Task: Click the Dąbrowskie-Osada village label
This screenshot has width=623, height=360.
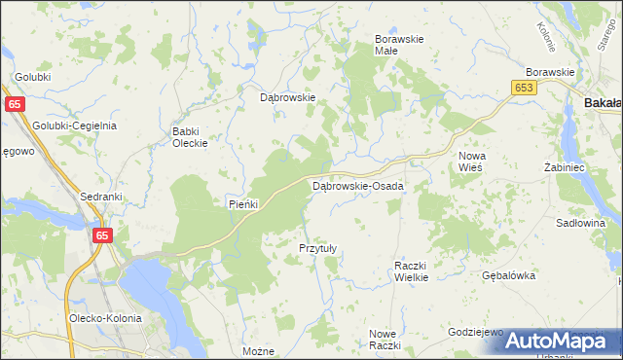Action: tap(357, 186)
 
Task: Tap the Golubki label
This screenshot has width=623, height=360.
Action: tap(32, 76)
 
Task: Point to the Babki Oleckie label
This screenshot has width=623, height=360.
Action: tap(190, 137)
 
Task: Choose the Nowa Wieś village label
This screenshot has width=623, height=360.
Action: tap(472, 162)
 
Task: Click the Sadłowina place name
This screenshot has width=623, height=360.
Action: tap(580, 223)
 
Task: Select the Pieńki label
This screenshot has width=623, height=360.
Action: tap(241, 203)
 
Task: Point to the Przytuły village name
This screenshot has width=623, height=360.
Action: tap(317, 248)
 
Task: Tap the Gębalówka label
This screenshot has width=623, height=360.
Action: tap(509, 275)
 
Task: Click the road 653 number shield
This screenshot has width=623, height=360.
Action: tap(523, 88)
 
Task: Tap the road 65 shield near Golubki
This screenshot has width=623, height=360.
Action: tap(15, 104)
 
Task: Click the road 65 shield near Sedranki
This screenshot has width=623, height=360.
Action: tap(104, 234)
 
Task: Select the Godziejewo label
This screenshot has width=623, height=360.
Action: tap(475, 332)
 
